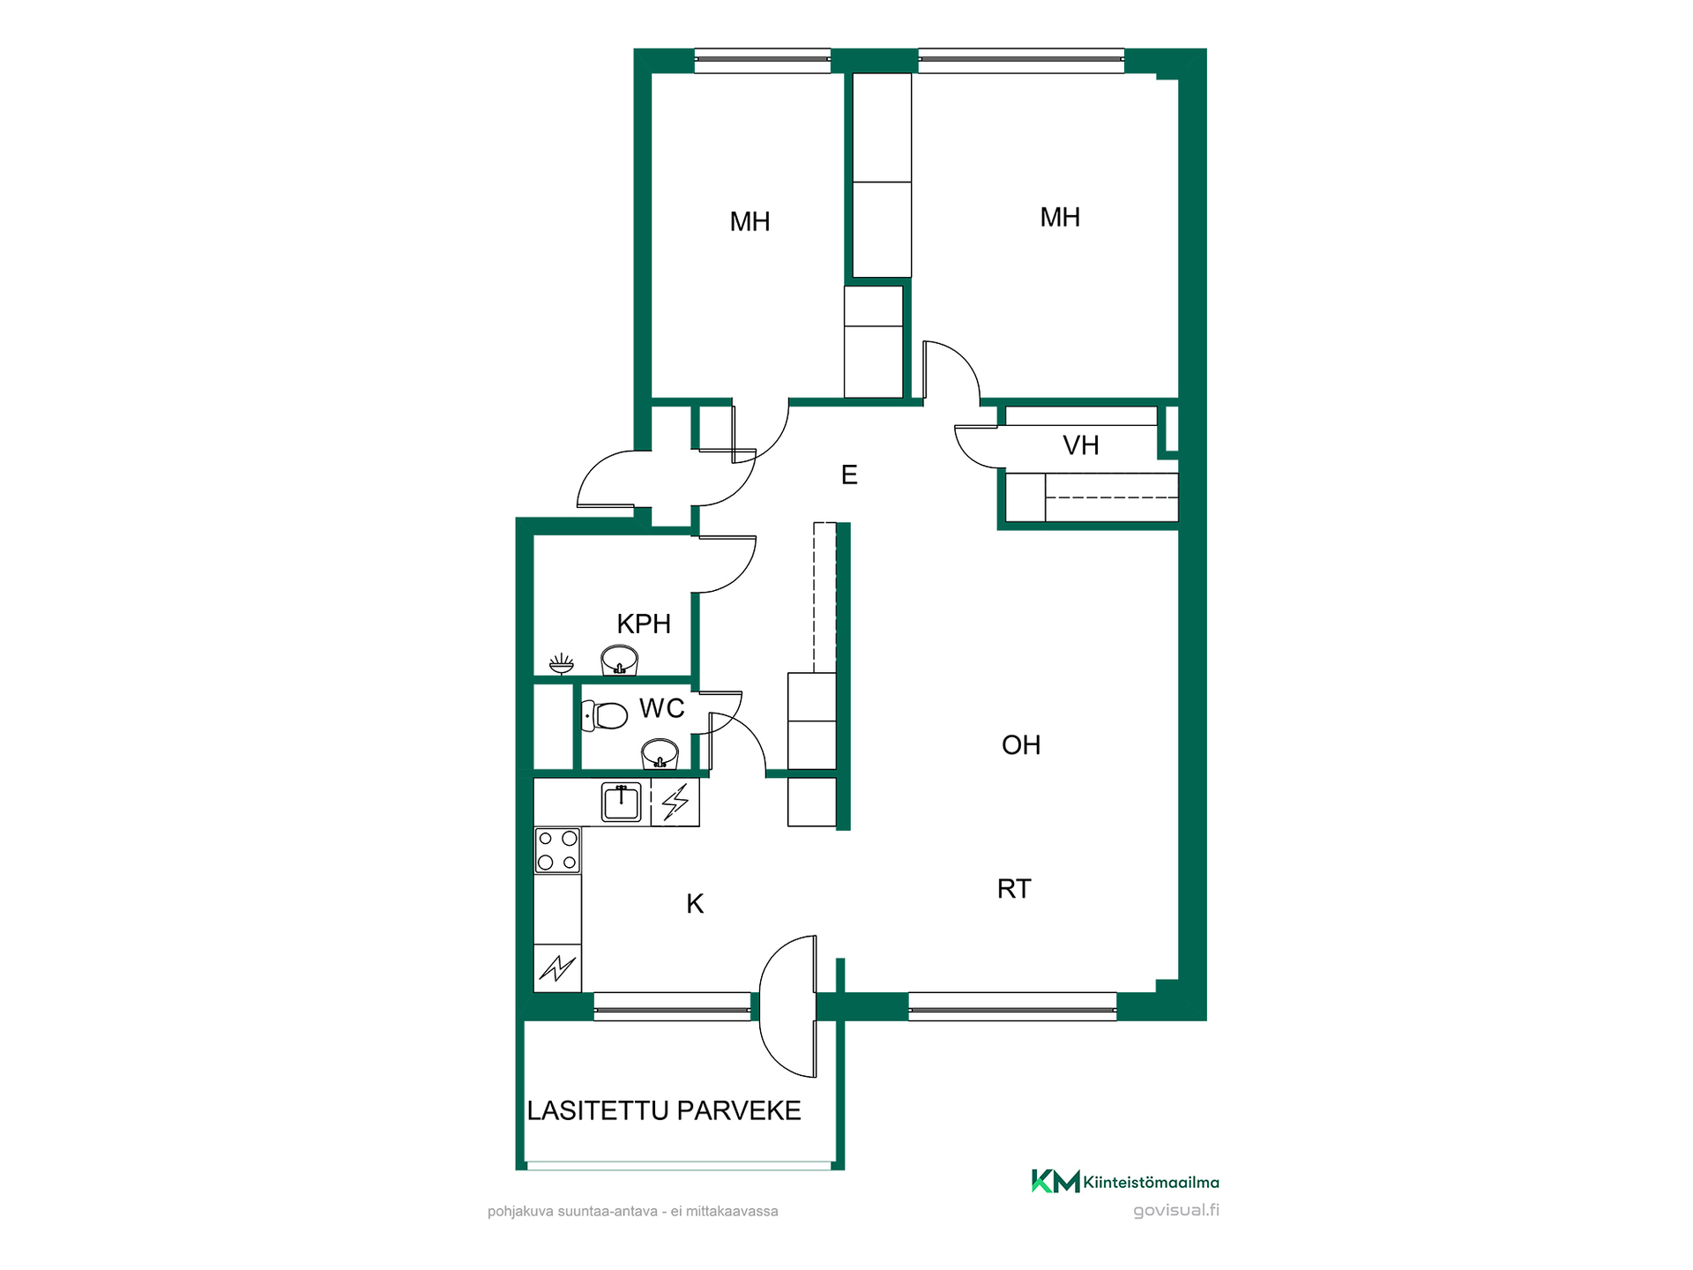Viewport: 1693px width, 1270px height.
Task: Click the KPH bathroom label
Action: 644,624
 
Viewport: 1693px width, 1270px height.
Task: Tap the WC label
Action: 662,708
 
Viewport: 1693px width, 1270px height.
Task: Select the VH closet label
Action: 1081,445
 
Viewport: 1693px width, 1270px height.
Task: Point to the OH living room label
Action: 1021,745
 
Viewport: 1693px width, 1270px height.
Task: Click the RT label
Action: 1014,889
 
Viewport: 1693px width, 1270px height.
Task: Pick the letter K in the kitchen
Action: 695,904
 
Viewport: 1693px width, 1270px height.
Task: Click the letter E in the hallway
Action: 849,475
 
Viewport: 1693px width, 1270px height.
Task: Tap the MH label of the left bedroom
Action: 750,221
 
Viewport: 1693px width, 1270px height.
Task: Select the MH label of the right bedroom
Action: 1060,217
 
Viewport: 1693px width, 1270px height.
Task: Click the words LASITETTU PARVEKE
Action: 664,1110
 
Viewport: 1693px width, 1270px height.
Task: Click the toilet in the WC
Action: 605,715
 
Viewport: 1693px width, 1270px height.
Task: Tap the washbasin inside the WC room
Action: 660,754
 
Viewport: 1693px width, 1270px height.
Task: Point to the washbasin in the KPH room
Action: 619,661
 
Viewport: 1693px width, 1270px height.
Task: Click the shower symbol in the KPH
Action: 561,663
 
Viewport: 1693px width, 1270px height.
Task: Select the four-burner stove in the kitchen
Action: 557,850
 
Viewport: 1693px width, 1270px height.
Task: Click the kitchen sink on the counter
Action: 622,803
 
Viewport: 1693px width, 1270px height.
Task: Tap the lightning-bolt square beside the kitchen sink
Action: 675,803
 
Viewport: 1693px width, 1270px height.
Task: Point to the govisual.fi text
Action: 1176,1210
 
